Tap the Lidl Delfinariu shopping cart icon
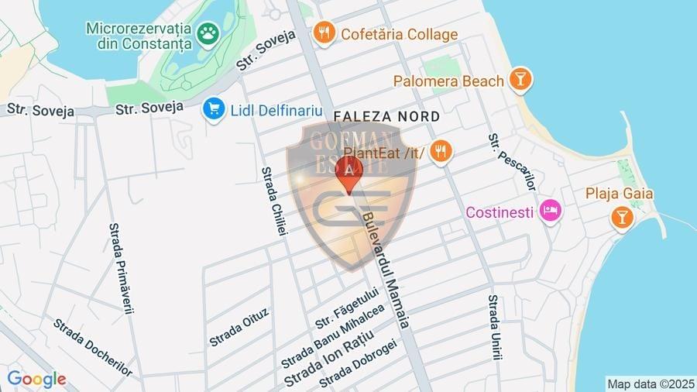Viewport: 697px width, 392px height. pyautogui.click(x=214, y=109)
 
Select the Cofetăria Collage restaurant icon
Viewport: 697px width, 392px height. pyautogui.click(x=324, y=33)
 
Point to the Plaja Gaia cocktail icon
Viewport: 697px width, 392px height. pyautogui.click(x=621, y=217)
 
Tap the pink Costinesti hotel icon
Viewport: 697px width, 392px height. pyautogui.click(x=551, y=211)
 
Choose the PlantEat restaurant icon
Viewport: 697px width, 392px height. pyautogui.click(x=441, y=151)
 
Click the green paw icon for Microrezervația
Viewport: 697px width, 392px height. pyautogui.click(x=208, y=33)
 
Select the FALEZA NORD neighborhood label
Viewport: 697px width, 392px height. pyautogui.click(x=386, y=116)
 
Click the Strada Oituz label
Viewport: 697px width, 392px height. pyautogui.click(x=239, y=327)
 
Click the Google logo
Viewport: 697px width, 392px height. pyautogui.click(x=36, y=380)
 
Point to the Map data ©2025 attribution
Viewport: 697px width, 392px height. pyautogui.click(x=651, y=383)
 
